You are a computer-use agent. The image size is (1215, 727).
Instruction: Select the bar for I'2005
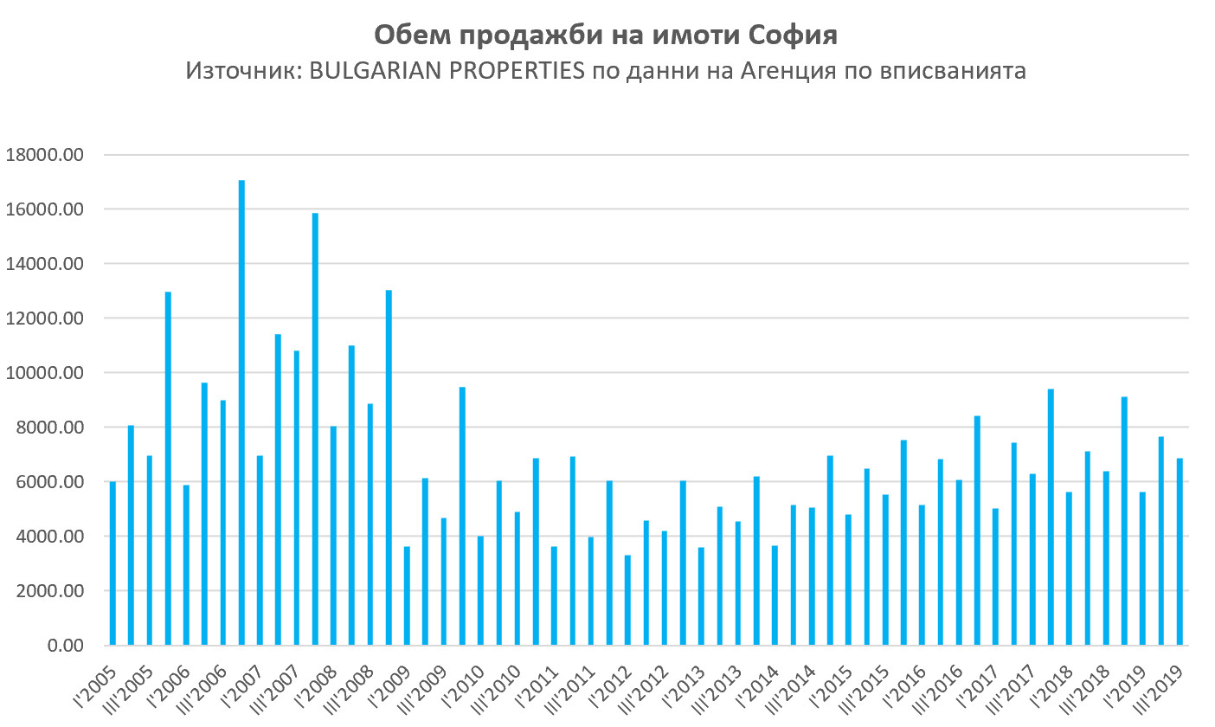(112, 563)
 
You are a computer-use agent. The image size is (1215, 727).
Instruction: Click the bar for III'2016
(959, 563)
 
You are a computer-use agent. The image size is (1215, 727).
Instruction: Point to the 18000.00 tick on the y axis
(44, 155)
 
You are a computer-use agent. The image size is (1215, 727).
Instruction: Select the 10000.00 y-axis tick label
(44, 373)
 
